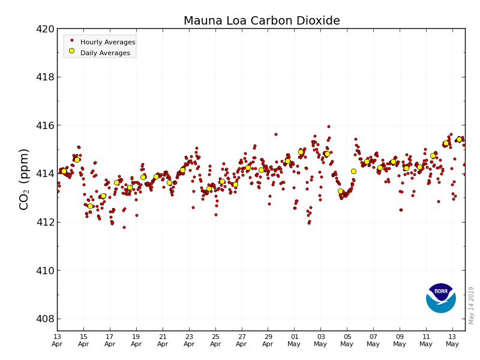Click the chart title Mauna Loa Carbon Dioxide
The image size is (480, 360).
[x=262, y=21]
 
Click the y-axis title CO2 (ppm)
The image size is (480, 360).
[x=25, y=179]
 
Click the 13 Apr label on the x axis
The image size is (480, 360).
[x=57, y=340]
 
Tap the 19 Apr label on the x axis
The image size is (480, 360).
[x=136, y=340]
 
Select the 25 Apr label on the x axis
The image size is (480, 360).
[x=215, y=340]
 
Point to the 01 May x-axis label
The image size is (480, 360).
[x=295, y=340]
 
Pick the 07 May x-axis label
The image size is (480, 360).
[x=373, y=340]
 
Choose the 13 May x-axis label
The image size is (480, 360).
[x=452, y=340]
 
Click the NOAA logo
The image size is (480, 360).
[x=441, y=298]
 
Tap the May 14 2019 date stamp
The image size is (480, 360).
[x=472, y=305]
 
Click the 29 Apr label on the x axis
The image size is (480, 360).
[x=268, y=340]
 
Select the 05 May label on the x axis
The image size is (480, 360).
[x=347, y=340]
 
